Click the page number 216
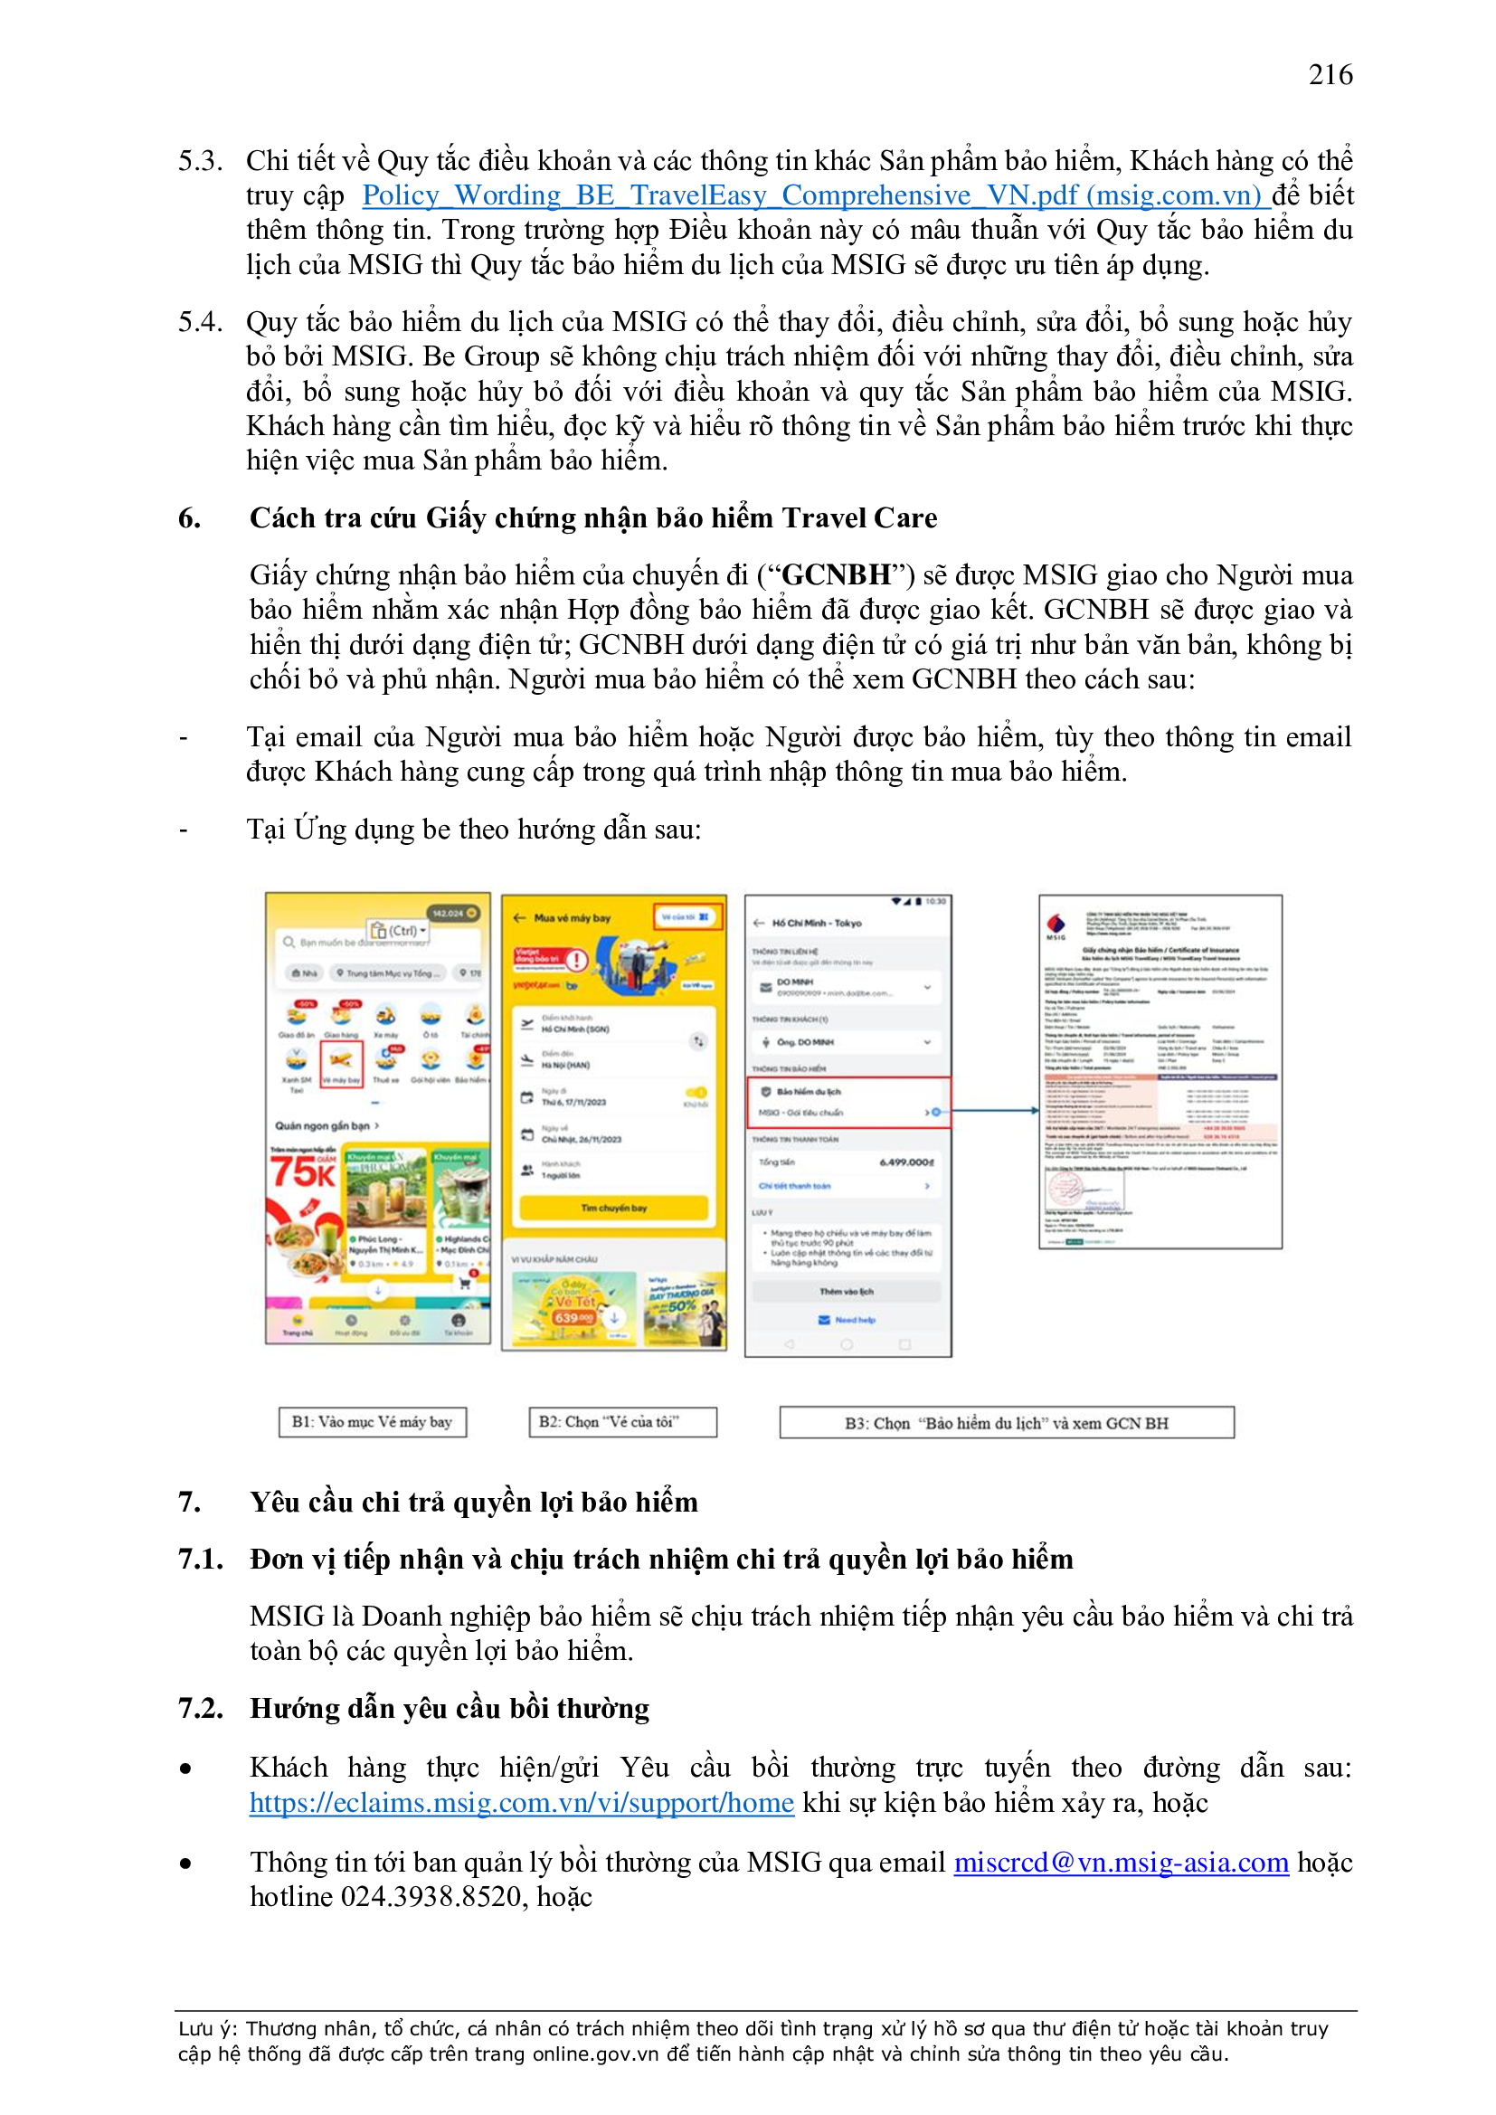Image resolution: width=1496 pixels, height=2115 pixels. click(x=1330, y=74)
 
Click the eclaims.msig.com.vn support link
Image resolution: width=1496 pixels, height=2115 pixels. click(x=521, y=1803)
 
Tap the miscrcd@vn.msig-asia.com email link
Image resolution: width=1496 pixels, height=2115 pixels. click(x=1120, y=1863)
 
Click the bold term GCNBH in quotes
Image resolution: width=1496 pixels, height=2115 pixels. click(x=836, y=574)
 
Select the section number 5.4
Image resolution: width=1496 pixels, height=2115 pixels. click(x=200, y=321)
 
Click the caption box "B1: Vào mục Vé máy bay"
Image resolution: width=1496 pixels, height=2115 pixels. click(x=372, y=1422)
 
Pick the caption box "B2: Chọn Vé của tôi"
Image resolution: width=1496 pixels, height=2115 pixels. click(x=621, y=1422)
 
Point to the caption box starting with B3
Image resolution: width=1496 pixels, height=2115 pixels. click(x=1006, y=1423)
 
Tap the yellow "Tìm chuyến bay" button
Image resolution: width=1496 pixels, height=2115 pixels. click(x=613, y=1208)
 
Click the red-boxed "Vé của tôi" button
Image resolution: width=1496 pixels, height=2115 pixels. click(x=687, y=917)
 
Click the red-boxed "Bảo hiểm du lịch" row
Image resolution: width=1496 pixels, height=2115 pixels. click(x=847, y=1102)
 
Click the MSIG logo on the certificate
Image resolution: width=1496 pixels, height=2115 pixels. click(x=1056, y=925)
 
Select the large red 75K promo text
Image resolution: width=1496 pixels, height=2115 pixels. click(x=302, y=1171)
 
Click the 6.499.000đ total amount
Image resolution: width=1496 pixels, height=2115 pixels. click(x=906, y=1162)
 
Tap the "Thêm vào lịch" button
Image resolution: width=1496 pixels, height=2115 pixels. click(x=847, y=1292)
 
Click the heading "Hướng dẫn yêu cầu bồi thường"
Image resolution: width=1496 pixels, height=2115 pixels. click(x=450, y=1709)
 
